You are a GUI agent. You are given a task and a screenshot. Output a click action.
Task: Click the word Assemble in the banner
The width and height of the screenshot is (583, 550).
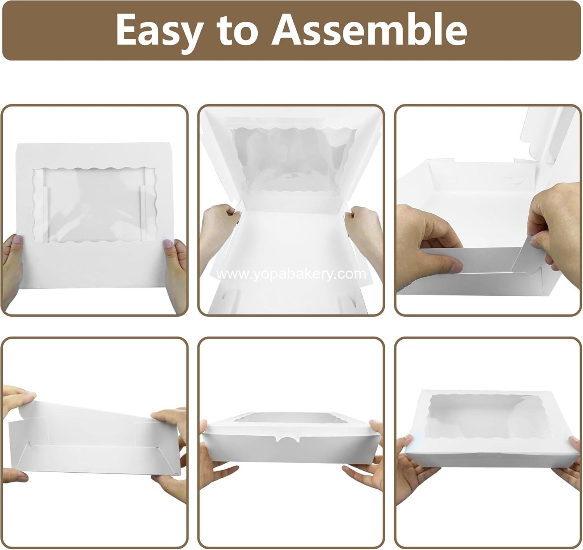pyautogui.click(x=369, y=30)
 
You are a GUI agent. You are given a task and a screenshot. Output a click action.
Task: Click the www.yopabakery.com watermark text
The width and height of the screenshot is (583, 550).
pyautogui.click(x=291, y=274)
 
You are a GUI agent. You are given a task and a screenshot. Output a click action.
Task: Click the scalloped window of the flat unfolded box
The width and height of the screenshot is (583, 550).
pyautogui.click(x=94, y=205)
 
